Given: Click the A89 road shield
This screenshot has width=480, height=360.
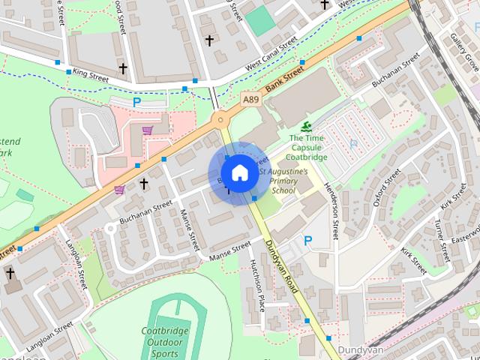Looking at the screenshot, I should [x=251, y=98].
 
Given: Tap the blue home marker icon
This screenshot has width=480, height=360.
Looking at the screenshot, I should [x=238, y=173].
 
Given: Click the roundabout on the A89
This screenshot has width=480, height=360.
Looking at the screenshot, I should [x=219, y=119].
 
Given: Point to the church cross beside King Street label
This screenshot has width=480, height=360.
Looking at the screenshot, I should [x=123, y=69].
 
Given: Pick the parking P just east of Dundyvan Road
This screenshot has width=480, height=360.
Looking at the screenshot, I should [x=307, y=241].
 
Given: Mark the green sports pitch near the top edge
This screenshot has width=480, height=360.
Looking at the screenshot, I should [x=260, y=22].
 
